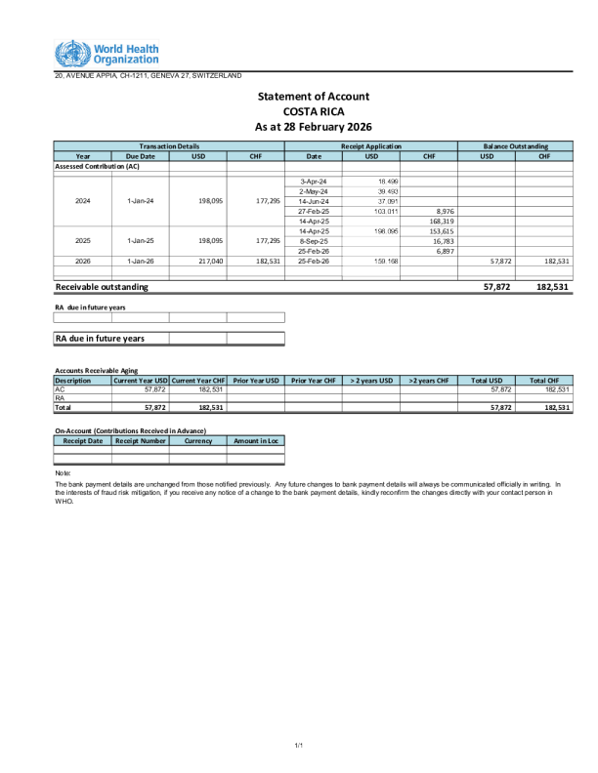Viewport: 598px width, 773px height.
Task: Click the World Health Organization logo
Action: [x=107, y=54]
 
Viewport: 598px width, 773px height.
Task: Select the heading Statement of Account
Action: [x=313, y=96]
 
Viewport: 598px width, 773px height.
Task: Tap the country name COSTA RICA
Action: [x=313, y=111]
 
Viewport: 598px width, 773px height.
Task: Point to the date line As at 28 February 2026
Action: [x=313, y=127]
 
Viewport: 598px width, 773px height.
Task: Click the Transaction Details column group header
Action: [x=169, y=145]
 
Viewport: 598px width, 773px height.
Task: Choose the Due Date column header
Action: [x=141, y=156]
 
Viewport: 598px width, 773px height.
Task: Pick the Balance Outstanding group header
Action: [x=515, y=145]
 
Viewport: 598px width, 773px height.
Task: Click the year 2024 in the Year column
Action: [x=83, y=201]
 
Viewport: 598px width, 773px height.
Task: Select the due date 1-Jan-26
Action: [x=141, y=261]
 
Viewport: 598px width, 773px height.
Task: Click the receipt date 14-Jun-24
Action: [x=313, y=201]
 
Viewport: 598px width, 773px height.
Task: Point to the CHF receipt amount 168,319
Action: [x=428, y=221]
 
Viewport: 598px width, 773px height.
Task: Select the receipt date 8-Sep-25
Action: [x=313, y=240]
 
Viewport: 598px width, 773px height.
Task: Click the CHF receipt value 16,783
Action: [x=429, y=240]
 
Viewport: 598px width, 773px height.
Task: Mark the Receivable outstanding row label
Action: [x=102, y=287]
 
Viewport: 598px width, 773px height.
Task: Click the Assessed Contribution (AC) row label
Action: [x=97, y=167]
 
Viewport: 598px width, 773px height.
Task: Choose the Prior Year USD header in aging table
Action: [x=256, y=380]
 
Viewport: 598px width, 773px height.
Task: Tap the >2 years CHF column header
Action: [x=429, y=380]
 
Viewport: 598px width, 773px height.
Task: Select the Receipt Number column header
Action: [x=141, y=441]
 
